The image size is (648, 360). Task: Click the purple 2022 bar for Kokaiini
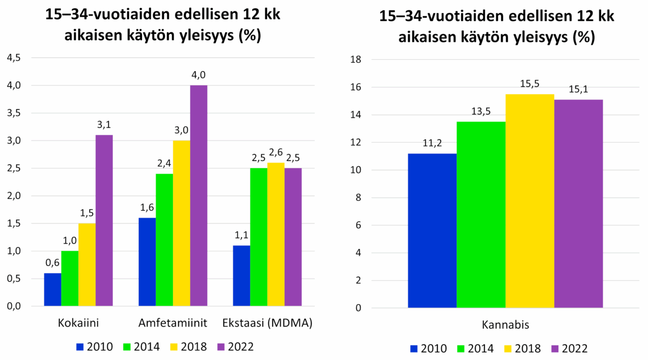[104, 221]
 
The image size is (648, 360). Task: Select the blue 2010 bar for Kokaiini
[52, 290]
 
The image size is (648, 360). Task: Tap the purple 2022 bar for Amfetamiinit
[199, 196]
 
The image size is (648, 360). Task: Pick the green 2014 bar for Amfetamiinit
[164, 241]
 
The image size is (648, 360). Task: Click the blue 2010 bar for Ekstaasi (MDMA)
[241, 276]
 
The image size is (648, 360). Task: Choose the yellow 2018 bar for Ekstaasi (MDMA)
[276, 235]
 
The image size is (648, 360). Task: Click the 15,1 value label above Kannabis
[578, 90]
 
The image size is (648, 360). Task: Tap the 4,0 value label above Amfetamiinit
[199, 75]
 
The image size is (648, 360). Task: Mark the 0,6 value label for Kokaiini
[52, 263]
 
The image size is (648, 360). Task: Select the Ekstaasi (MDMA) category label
[268, 323]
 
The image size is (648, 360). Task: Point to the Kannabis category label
[505, 325]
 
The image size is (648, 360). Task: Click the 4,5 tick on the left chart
[14, 58]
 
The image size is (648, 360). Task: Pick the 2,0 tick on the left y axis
[14, 196]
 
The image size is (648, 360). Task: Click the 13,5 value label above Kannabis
[481, 112]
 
